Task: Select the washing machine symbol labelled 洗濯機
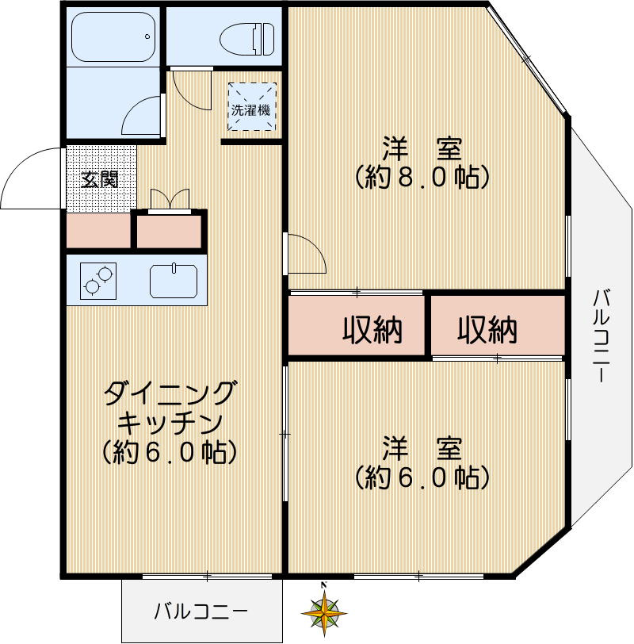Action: (x=250, y=109)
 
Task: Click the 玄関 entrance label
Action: (x=101, y=179)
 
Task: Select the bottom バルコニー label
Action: (x=201, y=611)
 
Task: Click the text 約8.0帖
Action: (x=420, y=176)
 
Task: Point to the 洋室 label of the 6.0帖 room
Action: (x=421, y=448)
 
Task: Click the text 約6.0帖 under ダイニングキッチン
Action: (x=170, y=452)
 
